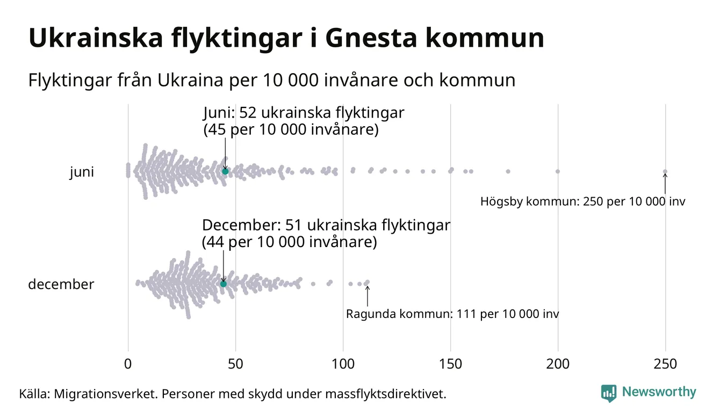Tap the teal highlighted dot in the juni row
pos(225,171)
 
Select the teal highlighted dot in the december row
pos(224,284)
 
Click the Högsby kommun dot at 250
pos(665,172)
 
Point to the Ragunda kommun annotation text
pos(452,314)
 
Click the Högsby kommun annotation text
pos(582,202)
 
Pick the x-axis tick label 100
pos(343,364)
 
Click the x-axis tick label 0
pos(128,364)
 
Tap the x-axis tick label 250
pos(665,364)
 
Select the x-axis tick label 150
pos(450,364)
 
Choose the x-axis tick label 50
pos(235,364)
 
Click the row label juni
pos(82,172)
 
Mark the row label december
pos(61,284)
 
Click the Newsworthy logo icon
pos(608,393)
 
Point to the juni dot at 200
pos(558,171)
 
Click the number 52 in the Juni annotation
pos(248,113)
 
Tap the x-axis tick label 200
pos(558,364)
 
